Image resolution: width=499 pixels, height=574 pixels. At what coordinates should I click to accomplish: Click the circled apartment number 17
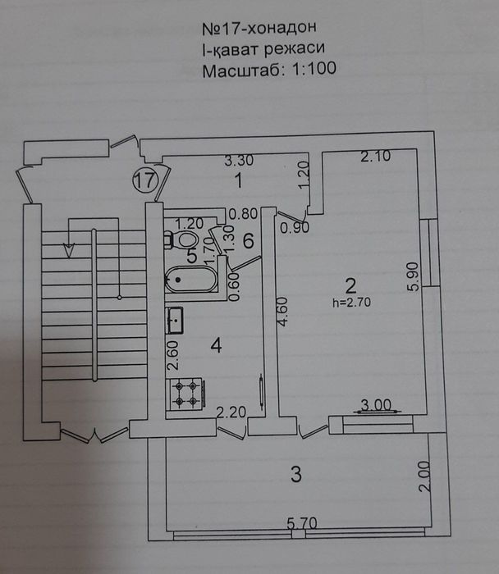144,181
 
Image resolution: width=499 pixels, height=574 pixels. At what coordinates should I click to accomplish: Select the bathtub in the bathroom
191,280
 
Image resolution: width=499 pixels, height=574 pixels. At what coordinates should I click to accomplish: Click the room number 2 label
350,286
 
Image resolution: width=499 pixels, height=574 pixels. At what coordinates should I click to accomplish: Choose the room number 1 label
236,179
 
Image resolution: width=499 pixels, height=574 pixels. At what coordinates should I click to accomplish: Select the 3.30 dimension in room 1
238,161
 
